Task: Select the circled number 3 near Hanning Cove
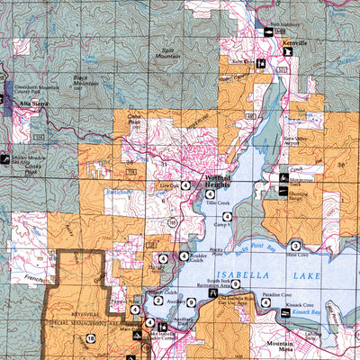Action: [x=294, y=246]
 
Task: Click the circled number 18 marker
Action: [x=91, y=337]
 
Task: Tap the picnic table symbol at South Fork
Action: [x=212, y=293]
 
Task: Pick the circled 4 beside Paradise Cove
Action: [x=265, y=302]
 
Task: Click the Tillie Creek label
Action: [x=219, y=202]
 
